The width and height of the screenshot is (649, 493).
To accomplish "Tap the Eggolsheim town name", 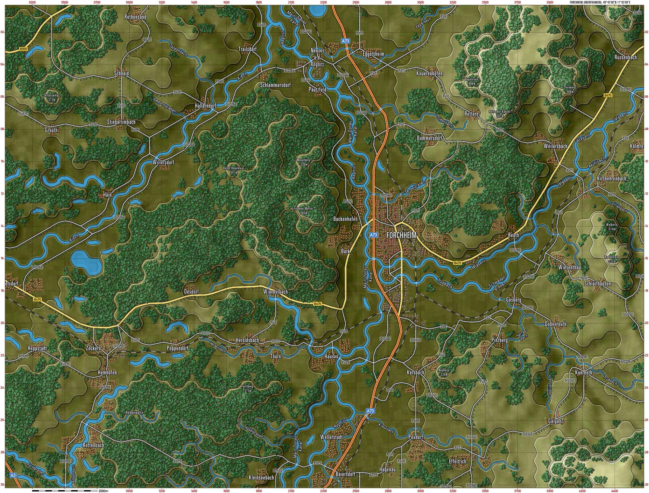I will (373, 54).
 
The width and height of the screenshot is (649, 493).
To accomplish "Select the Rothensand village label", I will (135, 17).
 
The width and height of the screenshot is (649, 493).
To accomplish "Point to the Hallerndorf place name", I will (205, 106).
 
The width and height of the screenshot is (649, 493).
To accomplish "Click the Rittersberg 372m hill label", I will (51, 97).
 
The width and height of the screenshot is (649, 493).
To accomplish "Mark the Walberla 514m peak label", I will (612, 227).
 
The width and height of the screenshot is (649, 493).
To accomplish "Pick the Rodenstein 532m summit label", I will (612, 259).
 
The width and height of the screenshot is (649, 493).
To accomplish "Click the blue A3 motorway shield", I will (13, 475).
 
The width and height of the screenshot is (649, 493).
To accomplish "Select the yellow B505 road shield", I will (24, 49).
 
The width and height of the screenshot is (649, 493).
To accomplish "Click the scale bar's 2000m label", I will (103, 491).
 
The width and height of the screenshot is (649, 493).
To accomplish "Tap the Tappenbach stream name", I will (178, 50).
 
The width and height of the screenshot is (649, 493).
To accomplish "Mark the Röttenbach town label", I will (94, 445).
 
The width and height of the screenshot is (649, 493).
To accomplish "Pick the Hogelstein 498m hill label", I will (472, 81).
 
